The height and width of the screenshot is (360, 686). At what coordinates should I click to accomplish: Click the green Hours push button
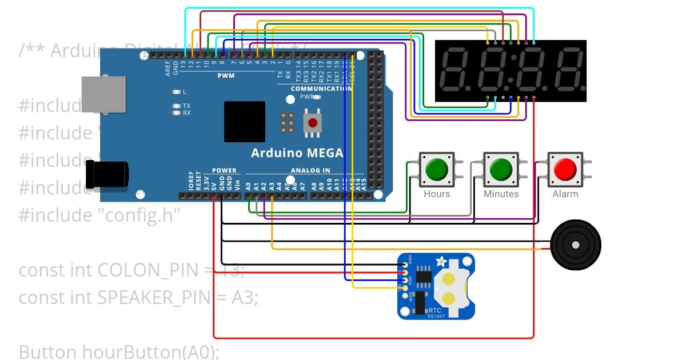point(436,169)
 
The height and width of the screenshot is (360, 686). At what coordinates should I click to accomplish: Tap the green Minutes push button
point(500,169)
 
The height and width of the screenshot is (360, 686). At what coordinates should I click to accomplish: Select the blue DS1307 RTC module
point(436,286)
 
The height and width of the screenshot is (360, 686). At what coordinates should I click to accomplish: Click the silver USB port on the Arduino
point(103,94)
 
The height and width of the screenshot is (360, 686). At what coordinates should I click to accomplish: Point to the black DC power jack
point(106,174)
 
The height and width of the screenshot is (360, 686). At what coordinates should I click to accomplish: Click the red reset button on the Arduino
point(312,122)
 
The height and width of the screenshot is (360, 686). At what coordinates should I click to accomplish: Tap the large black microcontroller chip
point(245,122)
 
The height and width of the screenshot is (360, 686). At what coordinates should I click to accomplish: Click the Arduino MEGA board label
point(297,153)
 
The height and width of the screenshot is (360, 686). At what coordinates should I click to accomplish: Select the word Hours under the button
point(437,194)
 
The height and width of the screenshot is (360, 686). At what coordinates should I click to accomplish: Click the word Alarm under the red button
point(565,194)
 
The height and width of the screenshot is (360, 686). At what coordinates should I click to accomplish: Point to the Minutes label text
point(501,194)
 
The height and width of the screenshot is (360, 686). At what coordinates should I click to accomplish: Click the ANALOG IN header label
point(310,170)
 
